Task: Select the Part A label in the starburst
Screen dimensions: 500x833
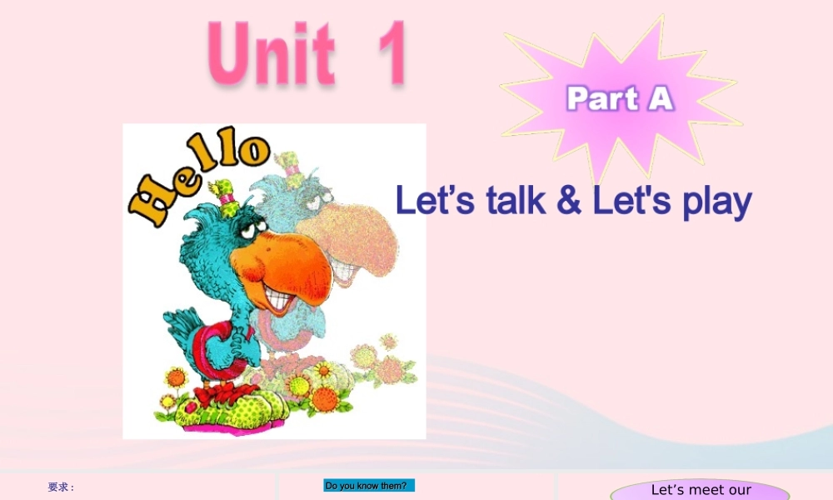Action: click(620, 99)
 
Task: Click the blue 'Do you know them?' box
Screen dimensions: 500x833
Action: click(369, 486)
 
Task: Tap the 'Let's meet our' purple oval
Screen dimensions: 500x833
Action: click(700, 490)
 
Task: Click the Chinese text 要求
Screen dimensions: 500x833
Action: click(61, 487)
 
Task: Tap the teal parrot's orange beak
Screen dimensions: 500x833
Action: click(282, 263)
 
